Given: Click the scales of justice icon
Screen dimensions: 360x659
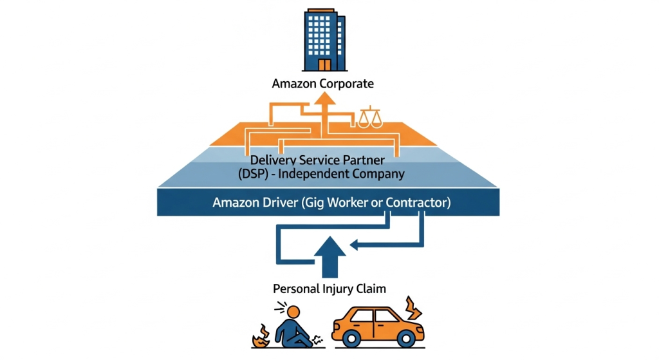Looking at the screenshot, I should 369,117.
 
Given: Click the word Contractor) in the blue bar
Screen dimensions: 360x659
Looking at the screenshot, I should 418,202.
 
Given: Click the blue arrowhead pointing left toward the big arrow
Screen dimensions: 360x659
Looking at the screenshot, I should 354,245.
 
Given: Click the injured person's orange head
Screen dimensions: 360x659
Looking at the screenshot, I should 293,312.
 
